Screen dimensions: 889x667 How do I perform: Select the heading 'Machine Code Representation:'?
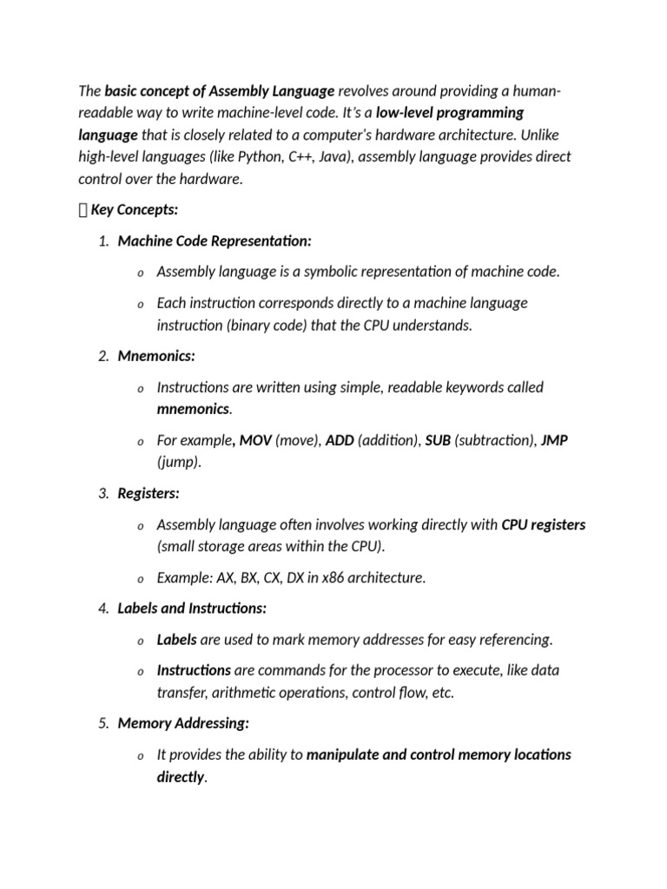pyautogui.click(x=215, y=240)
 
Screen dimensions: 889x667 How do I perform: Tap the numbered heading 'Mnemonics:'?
pyautogui.click(x=156, y=356)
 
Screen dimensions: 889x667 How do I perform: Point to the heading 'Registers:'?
pyautogui.click(x=149, y=493)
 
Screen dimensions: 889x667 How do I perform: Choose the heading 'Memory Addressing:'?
pyautogui.click(x=183, y=722)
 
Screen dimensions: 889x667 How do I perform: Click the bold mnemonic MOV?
pyautogui.click(x=255, y=440)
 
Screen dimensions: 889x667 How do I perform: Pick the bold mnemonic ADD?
pyautogui.click(x=340, y=440)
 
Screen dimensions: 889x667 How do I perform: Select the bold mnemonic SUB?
pyautogui.click(x=438, y=440)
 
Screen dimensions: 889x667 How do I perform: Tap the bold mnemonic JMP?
pyautogui.click(x=554, y=440)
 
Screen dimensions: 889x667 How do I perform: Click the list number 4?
pyautogui.click(x=102, y=609)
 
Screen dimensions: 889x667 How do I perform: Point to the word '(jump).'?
pyautogui.click(x=179, y=462)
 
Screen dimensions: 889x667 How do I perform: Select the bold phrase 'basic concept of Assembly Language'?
pyautogui.click(x=220, y=90)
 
